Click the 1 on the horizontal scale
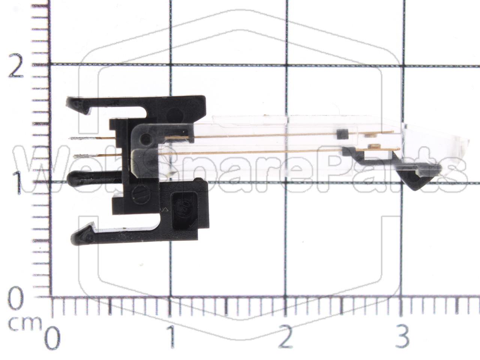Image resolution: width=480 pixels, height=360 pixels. click(x=171, y=338)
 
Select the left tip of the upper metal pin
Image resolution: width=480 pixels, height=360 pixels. click(x=70, y=139)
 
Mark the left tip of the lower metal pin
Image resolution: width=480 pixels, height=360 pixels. click(x=75, y=156)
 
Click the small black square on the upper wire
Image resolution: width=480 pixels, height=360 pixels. click(x=341, y=133)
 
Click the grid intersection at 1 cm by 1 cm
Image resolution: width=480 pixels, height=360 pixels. click(x=171, y=183)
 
